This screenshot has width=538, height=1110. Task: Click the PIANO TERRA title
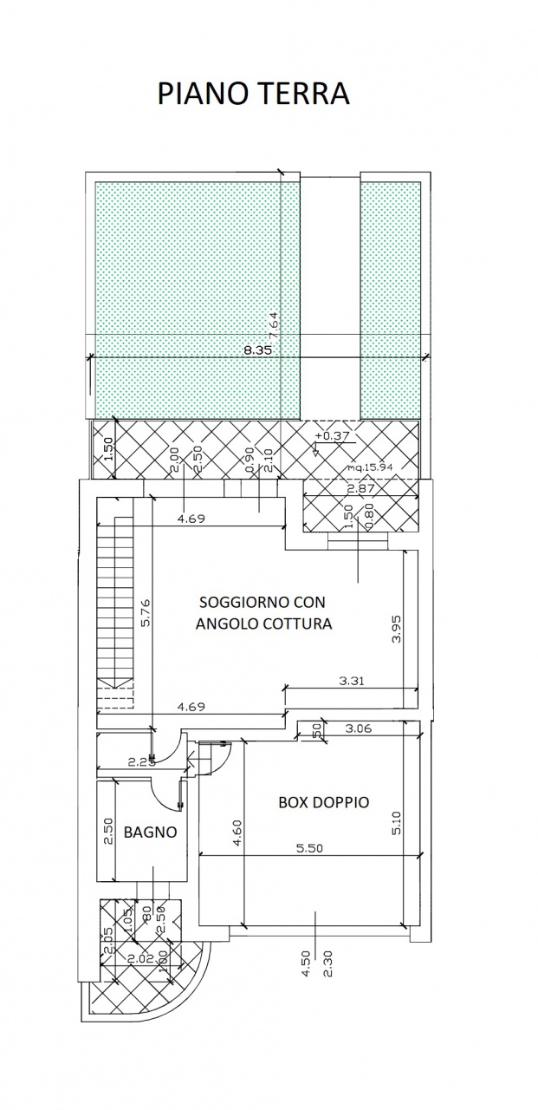tap(253, 95)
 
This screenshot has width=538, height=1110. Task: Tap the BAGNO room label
tap(150, 832)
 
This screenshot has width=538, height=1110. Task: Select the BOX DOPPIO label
tap(323, 802)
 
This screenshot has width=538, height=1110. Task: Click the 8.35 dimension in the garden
tap(259, 350)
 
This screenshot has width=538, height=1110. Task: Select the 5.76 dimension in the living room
tap(146, 613)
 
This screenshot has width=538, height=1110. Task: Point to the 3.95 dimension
tap(397, 628)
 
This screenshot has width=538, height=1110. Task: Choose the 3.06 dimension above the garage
tap(358, 728)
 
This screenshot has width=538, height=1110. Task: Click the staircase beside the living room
tap(114, 607)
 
